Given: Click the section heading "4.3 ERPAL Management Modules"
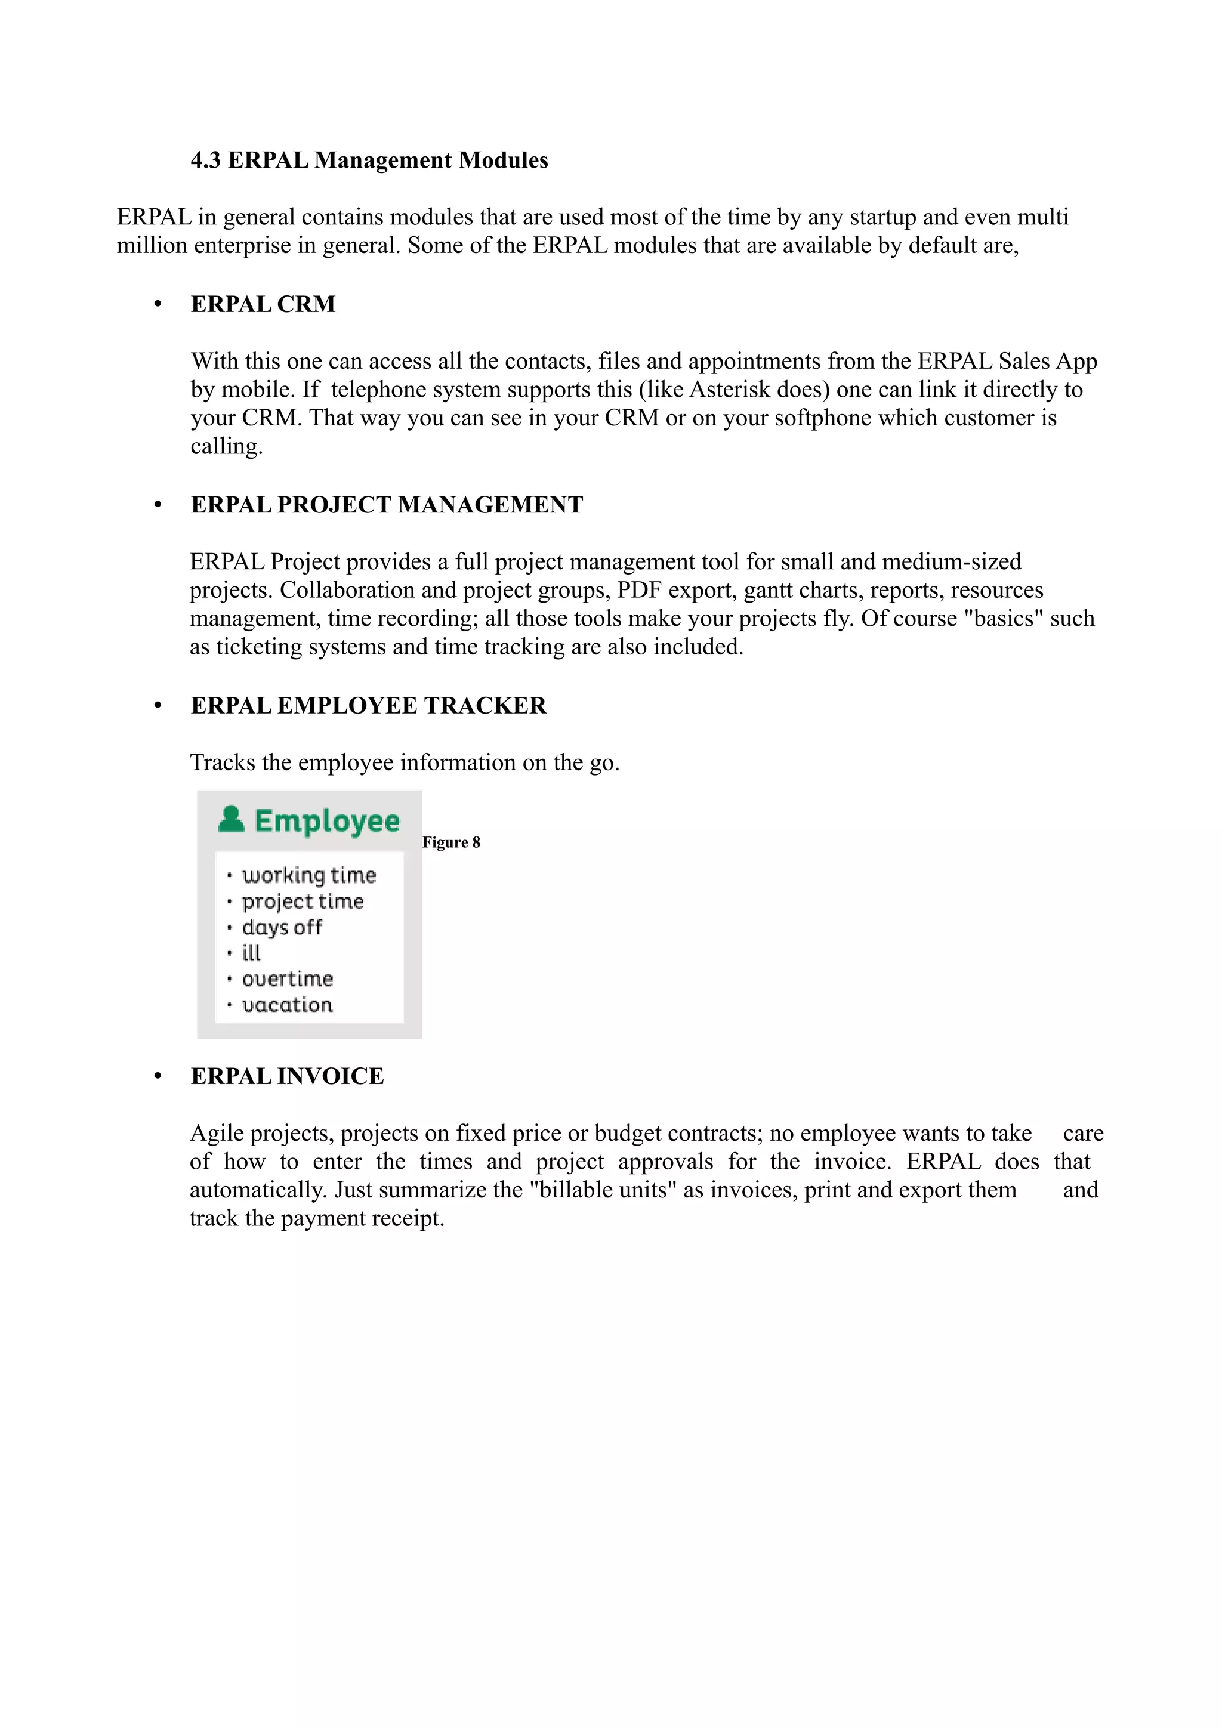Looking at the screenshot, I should click(x=369, y=160).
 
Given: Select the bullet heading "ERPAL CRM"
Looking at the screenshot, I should click(x=263, y=304).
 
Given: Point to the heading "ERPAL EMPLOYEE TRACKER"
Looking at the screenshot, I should click(x=368, y=706).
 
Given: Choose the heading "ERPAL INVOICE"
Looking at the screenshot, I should click(x=287, y=1076).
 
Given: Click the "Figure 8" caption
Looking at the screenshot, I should click(x=451, y=842).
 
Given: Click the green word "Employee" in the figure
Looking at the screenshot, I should click(x=327, y=822).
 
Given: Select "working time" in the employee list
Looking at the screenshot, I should click(x=308, y=875).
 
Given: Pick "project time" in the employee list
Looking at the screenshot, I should click(x=303, y=901).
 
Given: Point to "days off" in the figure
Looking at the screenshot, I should click(x=282, y=927).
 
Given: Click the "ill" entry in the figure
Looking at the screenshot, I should click(x=251, y=953).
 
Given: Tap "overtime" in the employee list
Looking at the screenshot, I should click(x=287, y=979).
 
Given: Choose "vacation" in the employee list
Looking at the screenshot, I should click(x=287, y=1005).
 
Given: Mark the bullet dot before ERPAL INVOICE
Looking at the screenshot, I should click(x=158, y=1077).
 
